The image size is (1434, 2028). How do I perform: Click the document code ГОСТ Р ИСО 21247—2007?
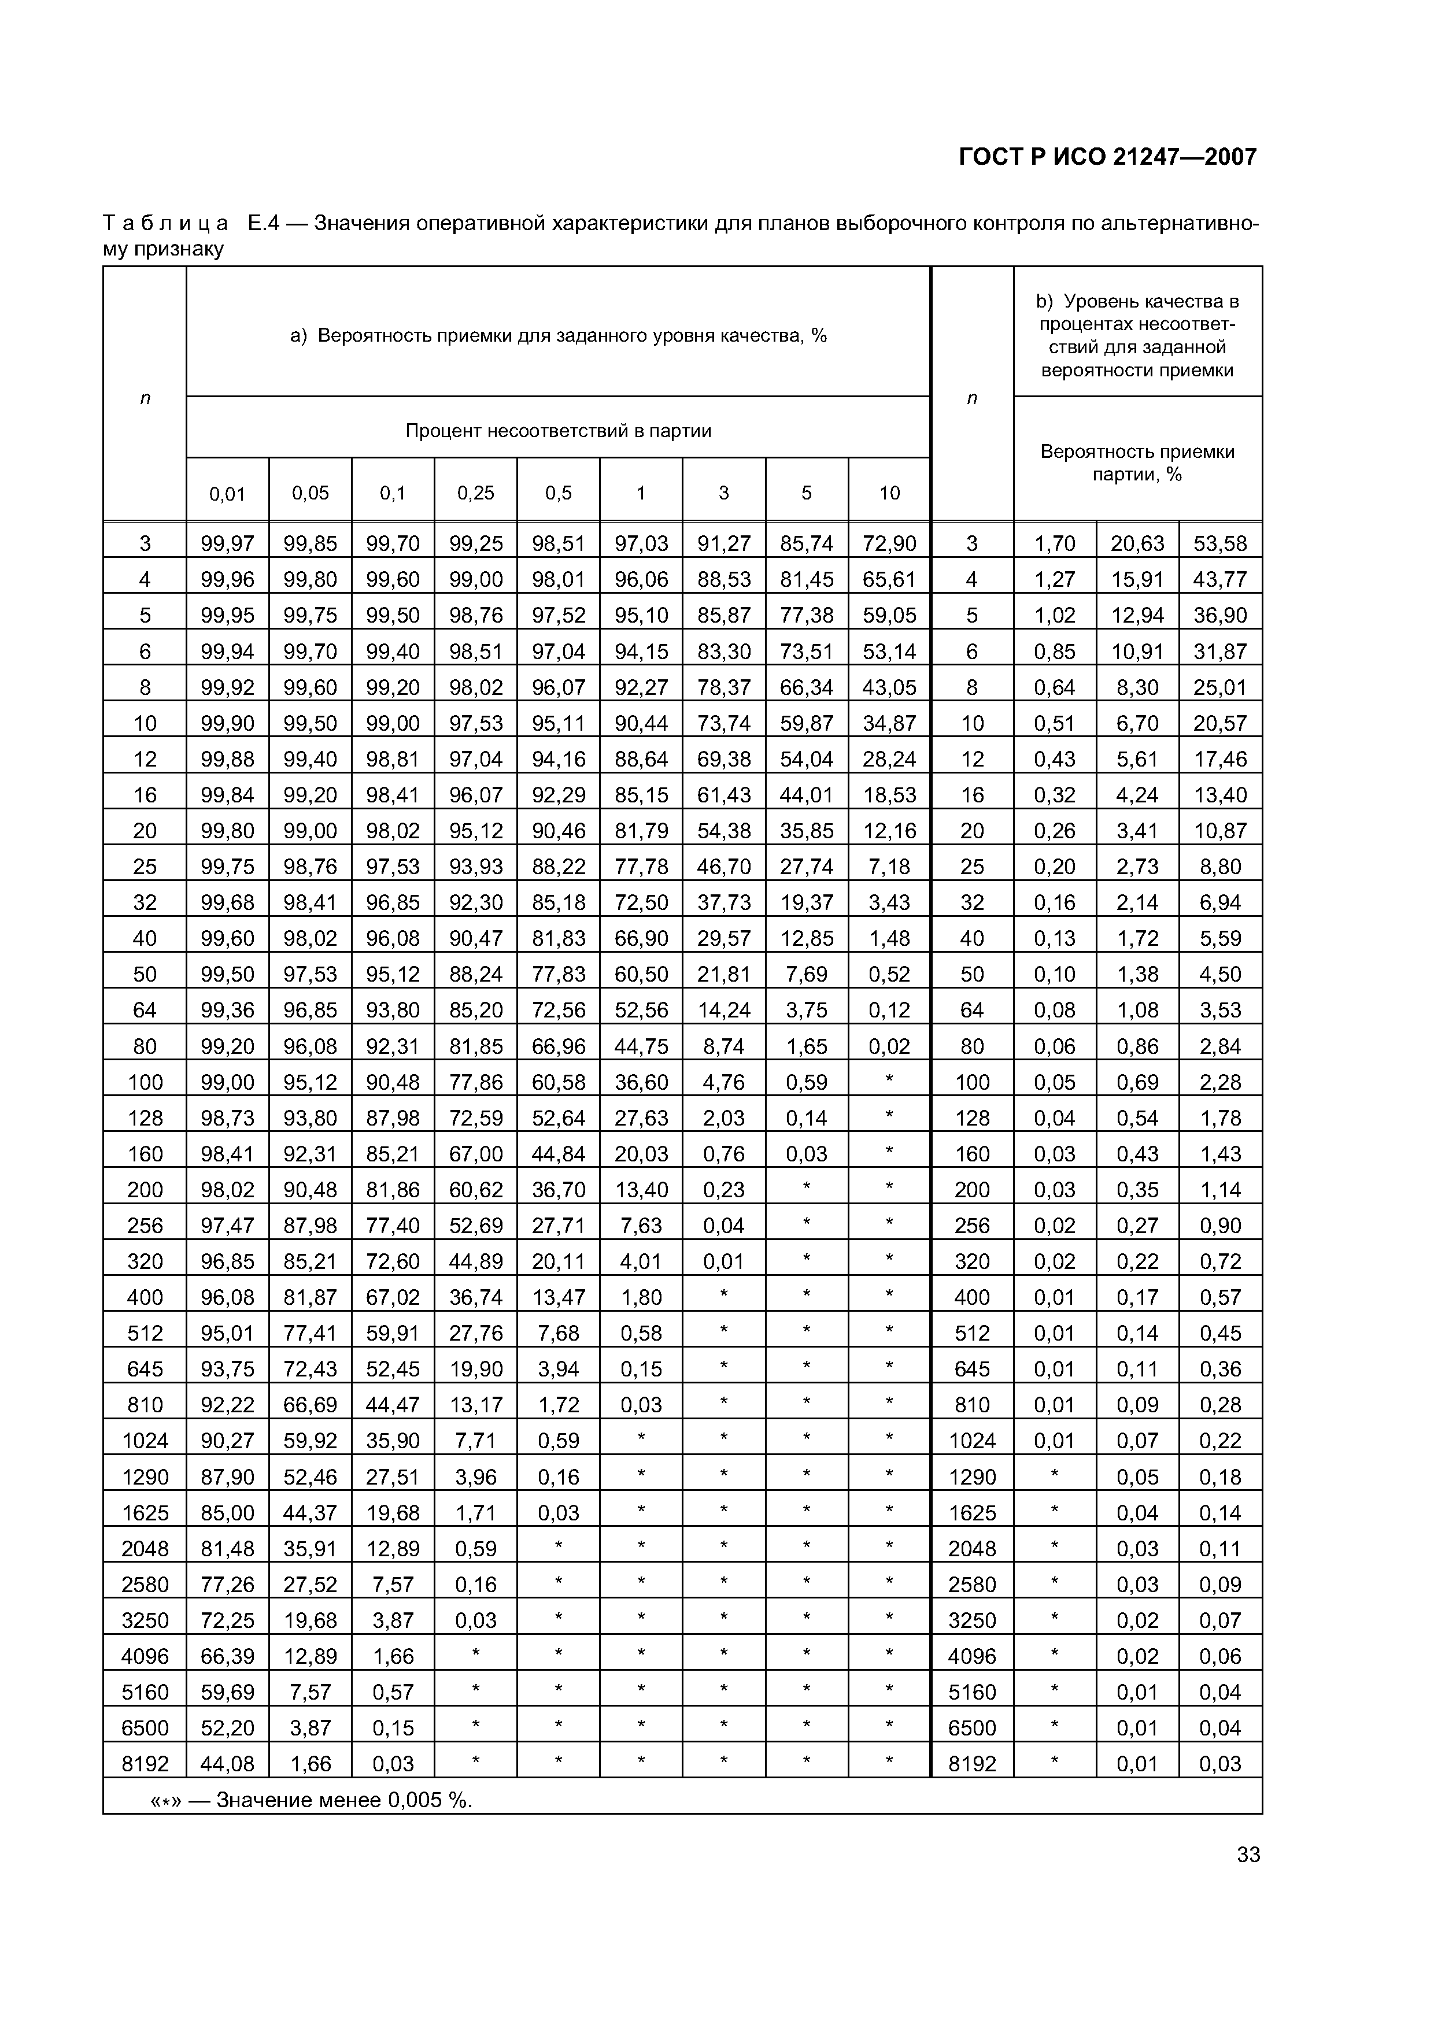tap(1107, 157)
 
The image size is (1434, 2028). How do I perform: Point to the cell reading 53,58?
tap(1220, 543)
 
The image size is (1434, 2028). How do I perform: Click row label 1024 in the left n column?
tap(145, 1441)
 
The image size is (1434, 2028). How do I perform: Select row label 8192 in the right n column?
tap(972, 1764)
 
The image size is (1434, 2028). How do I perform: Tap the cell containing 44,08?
tap(227, 1764)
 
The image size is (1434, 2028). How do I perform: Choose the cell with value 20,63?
tap(1137, 543)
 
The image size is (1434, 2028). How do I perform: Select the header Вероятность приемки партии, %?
tap(1137, 463)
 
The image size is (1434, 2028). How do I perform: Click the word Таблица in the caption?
tap(165, 224)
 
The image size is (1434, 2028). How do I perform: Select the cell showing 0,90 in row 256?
tap(1220, 1225)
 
